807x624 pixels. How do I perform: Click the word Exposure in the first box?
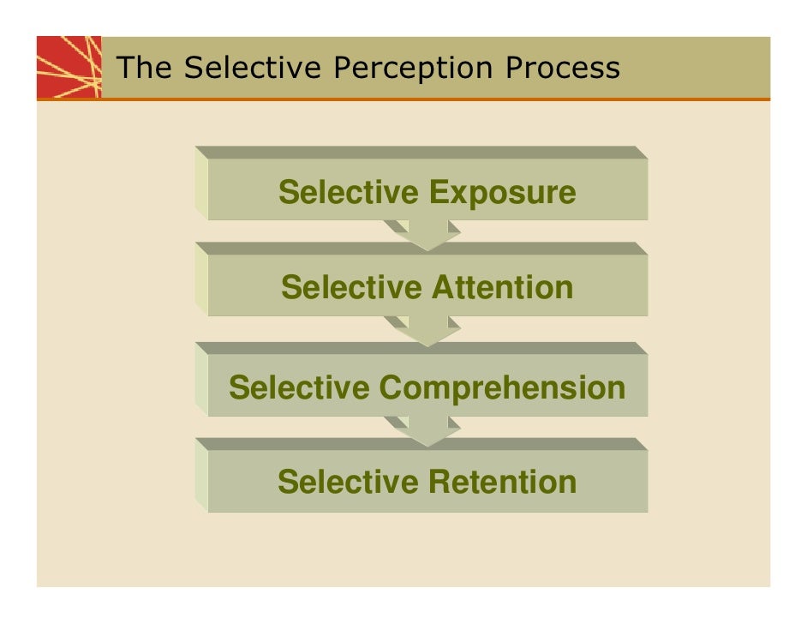click(502, 193)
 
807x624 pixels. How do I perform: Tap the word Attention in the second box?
click(501, 287)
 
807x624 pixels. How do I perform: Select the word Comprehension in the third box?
click(502, 388)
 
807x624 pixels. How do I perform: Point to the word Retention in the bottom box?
click(502, 482)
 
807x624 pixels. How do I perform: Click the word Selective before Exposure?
click(349, 192)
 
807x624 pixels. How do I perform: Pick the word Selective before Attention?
click(351, 287)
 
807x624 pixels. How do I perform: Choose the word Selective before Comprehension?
click(299, 387)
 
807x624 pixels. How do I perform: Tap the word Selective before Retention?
click(349, 482)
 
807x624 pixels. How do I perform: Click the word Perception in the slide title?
click(415, 68)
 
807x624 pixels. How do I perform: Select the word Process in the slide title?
click(562, 68)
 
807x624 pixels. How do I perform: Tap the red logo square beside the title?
click(69, 68)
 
